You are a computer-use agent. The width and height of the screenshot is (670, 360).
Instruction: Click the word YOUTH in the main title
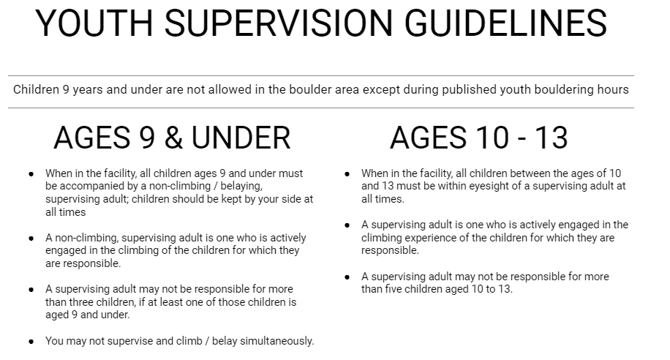[x=94, y=23]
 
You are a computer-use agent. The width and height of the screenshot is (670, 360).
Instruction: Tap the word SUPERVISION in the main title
[x=278, y=23]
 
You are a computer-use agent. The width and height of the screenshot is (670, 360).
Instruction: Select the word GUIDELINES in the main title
[x=505, y=23]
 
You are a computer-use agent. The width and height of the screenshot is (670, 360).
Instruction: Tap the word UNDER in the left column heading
[x=241, y=138]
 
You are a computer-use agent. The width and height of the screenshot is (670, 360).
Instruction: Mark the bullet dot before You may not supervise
[x=31, y=342]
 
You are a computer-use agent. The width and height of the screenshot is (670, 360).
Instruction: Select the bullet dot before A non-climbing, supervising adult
[x=31, y=238]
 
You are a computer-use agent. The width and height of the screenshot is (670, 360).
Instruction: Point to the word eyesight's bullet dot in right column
[x=347, y=174]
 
